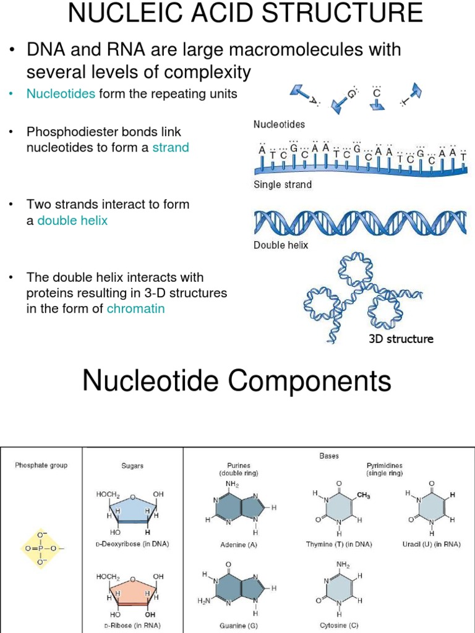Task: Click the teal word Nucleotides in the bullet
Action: [61, 94]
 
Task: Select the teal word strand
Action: [171, 148]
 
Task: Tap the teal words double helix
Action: [72, 220]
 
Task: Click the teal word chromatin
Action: [135, 308]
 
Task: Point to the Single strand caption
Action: [283, 184]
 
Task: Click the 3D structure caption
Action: [401, 339]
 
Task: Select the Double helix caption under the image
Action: [281, 245]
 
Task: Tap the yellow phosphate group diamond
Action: [42, 548]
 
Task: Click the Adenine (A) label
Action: [238, 545]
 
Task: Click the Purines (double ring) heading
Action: [238, 469]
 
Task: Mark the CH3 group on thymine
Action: [363, 496]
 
